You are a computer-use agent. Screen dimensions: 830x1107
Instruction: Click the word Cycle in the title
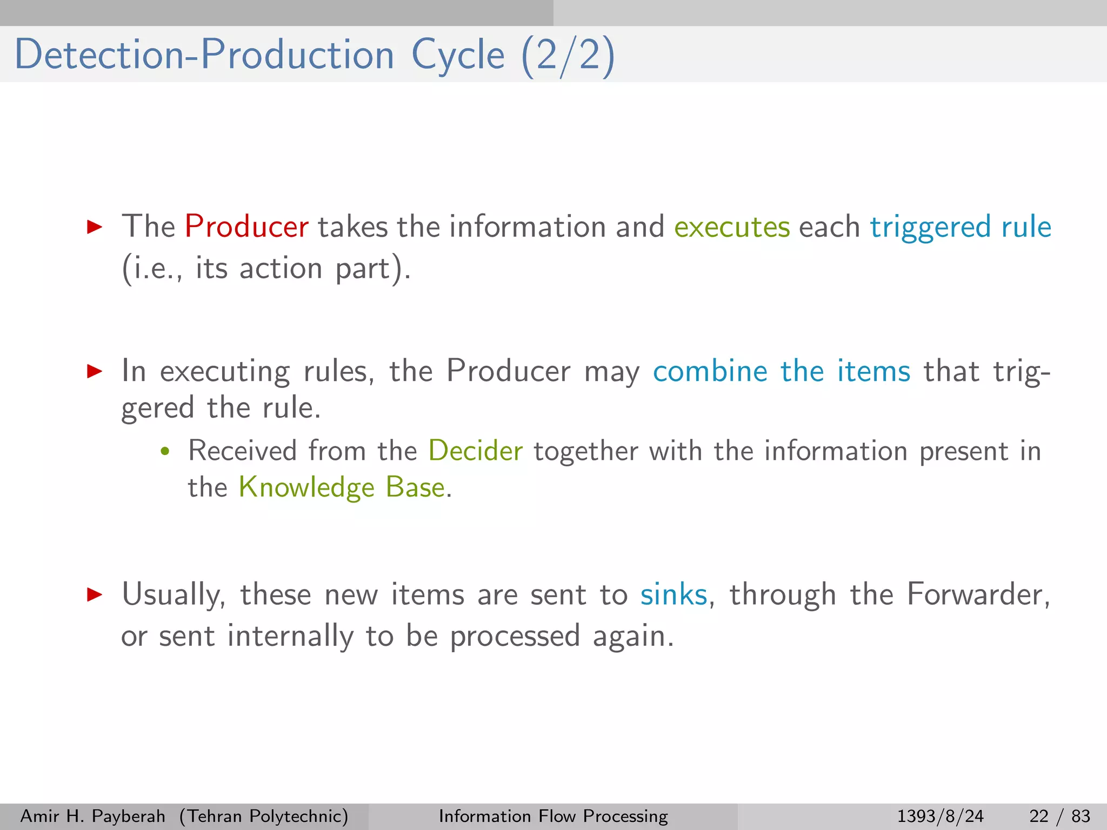tap(458, 56)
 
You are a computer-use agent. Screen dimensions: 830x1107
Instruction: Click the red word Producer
tap(246, 226)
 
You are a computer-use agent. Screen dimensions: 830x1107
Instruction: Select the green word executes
tap(732, 227)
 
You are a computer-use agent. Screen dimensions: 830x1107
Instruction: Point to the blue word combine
tap(710, 371)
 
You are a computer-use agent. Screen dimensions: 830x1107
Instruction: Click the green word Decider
tap(475, 451)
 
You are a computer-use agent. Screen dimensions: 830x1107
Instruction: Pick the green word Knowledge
tap(306, 487)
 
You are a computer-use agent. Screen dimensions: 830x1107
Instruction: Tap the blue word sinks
tap(673, 595)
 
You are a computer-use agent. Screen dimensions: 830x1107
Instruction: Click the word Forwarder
tap(977, 595)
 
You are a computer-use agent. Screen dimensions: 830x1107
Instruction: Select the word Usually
tap(174, 595)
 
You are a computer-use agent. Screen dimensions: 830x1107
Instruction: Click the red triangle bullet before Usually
tap(95, 595)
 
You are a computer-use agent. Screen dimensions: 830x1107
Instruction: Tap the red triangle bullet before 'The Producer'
tap(95, 226)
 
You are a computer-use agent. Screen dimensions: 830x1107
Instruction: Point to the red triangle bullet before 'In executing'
tap(95, 371)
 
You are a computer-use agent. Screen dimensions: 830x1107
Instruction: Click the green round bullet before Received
tap(165, 451)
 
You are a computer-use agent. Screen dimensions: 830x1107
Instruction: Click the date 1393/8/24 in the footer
tap(940, 816)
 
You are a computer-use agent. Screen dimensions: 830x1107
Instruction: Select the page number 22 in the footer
tap(1039, 816)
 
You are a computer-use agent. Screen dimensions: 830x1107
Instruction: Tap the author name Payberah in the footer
tap(129, 816)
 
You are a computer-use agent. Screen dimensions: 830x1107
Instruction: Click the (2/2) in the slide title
tap(568, 56)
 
